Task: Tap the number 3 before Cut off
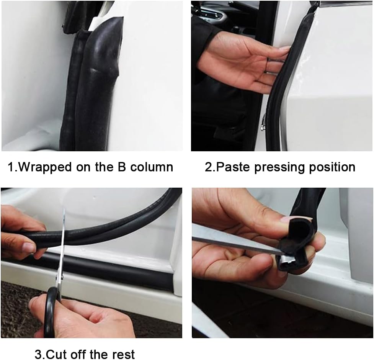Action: tap(38, 354)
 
